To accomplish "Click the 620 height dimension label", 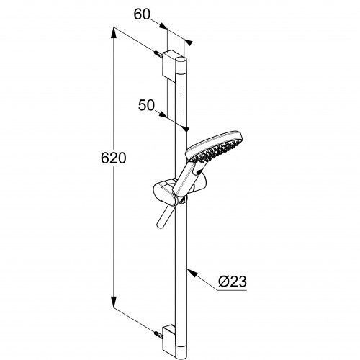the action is [x=114, y=158].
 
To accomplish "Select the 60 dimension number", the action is [x=142, y=14].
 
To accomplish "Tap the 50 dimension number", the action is [x=146, y=105].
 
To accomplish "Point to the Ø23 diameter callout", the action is [x=233, y=282].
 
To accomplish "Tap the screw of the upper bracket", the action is [x=158, y=54].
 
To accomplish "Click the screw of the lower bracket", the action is [x=158, y=334].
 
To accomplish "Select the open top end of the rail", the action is [x=181, y=59].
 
